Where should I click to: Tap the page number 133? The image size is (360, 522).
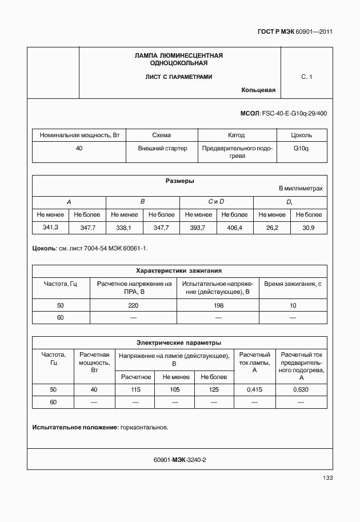pos(327,478)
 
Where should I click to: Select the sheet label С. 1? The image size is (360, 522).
pos(306,77)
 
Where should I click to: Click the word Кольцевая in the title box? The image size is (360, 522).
pos(258,90)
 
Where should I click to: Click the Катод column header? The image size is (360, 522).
pos(236,136)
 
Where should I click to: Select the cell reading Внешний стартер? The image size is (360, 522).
pos(162,148)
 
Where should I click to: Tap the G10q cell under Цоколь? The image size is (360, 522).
pos(301,148)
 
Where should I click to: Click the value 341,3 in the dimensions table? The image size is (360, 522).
pos(51,228)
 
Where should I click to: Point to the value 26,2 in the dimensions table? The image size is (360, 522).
pos(272,228)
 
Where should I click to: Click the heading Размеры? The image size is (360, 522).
pos(179,181)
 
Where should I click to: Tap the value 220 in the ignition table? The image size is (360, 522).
pos(133,305)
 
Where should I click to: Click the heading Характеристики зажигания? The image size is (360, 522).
pos(179,270)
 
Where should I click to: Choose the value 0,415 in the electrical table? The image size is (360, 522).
pos(254,389)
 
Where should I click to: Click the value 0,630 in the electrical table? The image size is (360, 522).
pos(301,389)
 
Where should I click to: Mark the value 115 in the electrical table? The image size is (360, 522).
pos(135,389)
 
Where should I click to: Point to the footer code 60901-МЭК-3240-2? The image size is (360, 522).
pos(179,460)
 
